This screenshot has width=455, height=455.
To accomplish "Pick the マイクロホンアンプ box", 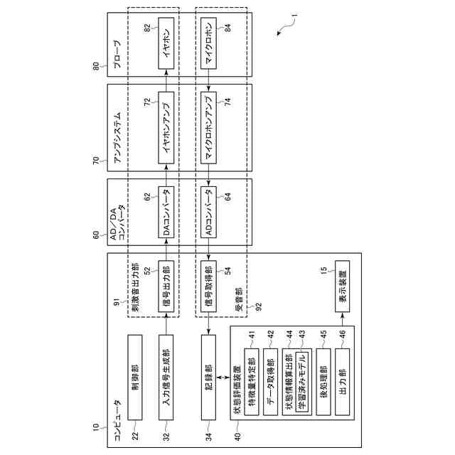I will click(208, 128).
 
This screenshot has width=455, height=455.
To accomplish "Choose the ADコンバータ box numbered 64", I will click(208, 214).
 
